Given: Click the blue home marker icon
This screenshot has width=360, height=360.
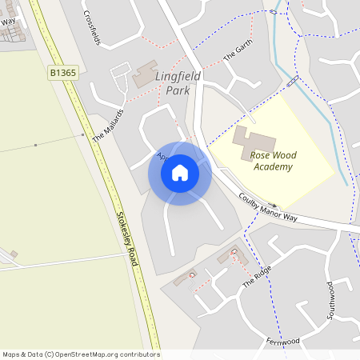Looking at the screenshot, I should coord(180,173).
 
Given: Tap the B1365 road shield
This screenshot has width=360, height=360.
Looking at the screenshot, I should coord(63,73).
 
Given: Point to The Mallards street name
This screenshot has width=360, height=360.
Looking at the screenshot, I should coord(108,126).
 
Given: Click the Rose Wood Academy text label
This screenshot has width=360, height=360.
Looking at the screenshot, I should coord(272,161).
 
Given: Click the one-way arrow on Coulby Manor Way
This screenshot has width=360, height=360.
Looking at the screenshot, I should coord(272,205).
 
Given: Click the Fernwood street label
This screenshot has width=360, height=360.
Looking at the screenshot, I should coord(283,342).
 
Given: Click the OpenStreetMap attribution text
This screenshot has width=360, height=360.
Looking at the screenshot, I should coord(81,354).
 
